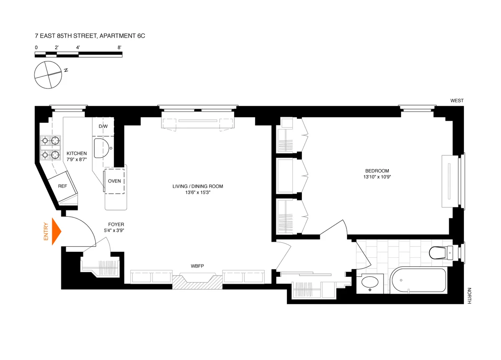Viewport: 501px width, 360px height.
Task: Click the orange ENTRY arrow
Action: [56, 231]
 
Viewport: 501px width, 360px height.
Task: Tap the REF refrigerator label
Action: [63, 187]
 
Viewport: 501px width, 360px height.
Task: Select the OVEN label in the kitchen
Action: [114, 181]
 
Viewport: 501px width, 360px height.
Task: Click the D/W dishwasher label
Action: [103, 126]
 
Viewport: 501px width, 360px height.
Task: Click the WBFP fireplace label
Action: [197, 266]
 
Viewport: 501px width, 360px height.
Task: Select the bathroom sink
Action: [370, 283]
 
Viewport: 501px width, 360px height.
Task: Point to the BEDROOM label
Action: [377, 170]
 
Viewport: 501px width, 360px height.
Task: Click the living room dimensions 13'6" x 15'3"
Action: [198, 193]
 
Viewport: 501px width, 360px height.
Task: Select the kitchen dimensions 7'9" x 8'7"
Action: [77, 160]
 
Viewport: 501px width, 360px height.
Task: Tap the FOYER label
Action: [116, 224]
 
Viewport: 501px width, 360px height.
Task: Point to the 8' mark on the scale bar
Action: [120, 48]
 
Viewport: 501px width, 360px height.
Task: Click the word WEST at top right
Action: [457, 101]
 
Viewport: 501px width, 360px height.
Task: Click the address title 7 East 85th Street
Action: [90, 36]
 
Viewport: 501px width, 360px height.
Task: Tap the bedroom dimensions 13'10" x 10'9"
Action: [377, 177]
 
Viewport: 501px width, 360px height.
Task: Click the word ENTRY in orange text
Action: [46, 232]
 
